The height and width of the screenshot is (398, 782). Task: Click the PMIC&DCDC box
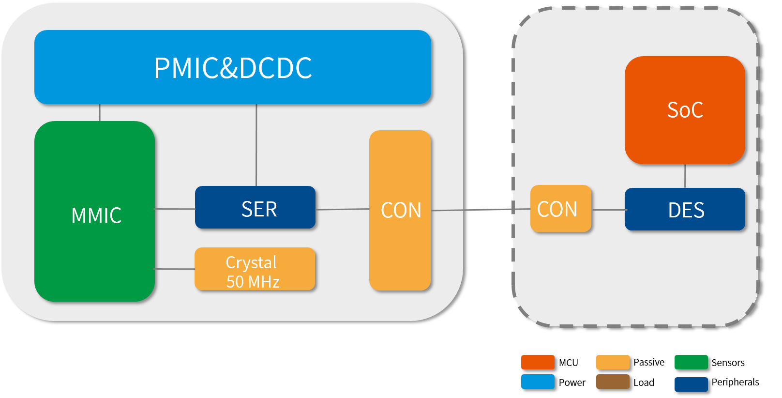pyautogui.click(x=232, y=67)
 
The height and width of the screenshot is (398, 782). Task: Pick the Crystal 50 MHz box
pyautogui.click(x=255, y=269)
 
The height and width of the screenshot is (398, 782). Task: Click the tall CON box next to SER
pyautogui.click(x=400, y=211)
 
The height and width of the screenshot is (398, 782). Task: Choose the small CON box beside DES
pyautogui.click(x=561, y=209)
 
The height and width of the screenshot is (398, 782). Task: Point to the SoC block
pyautogui.click(x=684, y=110)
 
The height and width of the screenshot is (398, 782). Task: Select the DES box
pyautogui.click(x=685, y=209)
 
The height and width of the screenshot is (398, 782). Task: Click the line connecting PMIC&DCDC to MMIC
pyautogui.click(x=100, y=113)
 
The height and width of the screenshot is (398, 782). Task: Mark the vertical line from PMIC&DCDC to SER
pyautogui.click(x=256, y=145)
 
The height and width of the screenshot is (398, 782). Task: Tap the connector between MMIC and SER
pyautogui.click(x=175, y=209)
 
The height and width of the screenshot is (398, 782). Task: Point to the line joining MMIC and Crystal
pyautogui.click(x=175, y=269)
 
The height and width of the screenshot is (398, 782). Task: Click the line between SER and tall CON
pyautogui.click(x=342, y=209)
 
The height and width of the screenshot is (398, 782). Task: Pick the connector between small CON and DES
pyautogui.click(x=608, y=210)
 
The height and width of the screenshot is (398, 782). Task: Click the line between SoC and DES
pyautogui.click(x=685, y=176)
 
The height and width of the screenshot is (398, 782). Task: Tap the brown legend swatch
pyautogui.click(x=613, y=382)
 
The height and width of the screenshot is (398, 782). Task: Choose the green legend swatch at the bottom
pyautogui.click(x=691, y=362)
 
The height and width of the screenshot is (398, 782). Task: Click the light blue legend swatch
pyautogui.click(x=538, y=382)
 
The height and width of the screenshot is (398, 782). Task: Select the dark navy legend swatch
pyautogui.click(x=691, y=384)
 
